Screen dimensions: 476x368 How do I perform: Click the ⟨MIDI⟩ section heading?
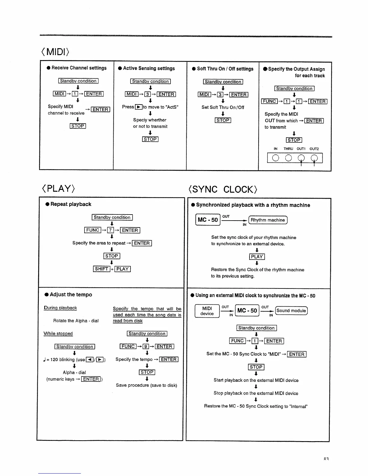coord(55,52)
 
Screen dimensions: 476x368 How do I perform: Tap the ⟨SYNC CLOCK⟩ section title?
coord(223,189)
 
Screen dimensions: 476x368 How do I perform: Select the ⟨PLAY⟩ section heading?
coord(58,188)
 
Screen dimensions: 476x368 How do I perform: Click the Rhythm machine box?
coord(268,220)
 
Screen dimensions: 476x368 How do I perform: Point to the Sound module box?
coord(291,311)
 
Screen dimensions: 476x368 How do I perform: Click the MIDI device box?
coord(207,311)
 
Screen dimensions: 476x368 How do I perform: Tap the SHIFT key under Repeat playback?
coord(102,269)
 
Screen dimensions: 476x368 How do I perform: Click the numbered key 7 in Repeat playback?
coord(111,230)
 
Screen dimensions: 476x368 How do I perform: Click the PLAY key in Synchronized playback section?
coord(257,257)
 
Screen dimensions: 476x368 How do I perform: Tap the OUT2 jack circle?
coord(314,158)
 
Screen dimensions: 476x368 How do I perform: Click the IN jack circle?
coord(275,158)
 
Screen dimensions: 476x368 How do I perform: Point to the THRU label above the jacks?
coord(288,149)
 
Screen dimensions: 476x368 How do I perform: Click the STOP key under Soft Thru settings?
coord(223,120)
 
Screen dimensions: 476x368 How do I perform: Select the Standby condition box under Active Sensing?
coord(150,81)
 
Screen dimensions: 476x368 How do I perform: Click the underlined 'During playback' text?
coord(60,308)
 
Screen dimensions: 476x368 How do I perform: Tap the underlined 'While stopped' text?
coord(58,334)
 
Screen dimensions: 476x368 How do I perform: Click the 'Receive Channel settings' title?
coord(79,68)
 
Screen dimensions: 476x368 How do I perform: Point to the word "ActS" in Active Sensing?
coord(172,107)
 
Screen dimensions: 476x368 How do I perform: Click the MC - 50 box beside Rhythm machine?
coord(208,220)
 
